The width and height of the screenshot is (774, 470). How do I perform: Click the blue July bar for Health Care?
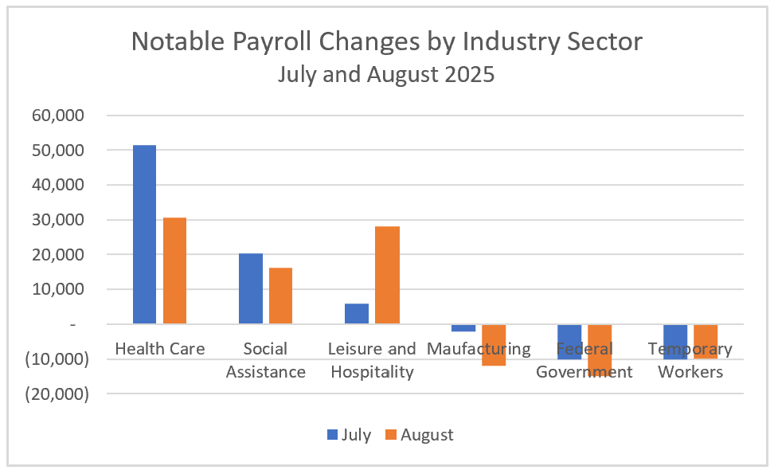144,234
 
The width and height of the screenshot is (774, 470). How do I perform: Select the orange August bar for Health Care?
174,270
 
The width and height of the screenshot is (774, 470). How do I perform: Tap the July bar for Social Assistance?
250,288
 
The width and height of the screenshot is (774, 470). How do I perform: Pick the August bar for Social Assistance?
280,296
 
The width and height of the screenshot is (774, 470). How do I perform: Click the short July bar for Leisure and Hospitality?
357,313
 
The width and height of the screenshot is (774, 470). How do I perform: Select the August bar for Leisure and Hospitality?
387,275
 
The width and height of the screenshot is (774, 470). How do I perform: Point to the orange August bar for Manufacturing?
494,345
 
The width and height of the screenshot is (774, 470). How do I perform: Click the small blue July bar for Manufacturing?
463,327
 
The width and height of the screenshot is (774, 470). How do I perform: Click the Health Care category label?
159,349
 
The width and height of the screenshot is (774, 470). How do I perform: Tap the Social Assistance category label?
265,360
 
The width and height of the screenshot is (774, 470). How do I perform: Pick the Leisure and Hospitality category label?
372,360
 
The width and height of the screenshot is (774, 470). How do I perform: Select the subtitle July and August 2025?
386,75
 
